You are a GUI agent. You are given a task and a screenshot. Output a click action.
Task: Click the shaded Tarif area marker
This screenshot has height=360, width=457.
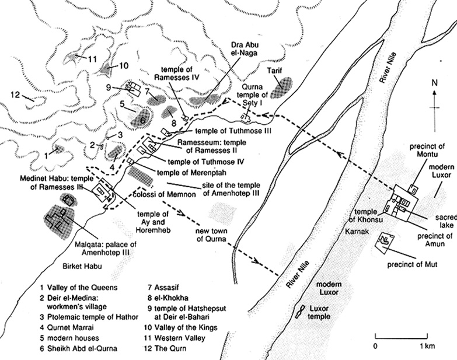(284, 86)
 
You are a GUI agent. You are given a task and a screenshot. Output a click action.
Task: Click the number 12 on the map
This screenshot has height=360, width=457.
(15, 95)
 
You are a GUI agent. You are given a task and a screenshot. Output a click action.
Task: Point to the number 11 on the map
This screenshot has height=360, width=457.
(93, 58)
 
